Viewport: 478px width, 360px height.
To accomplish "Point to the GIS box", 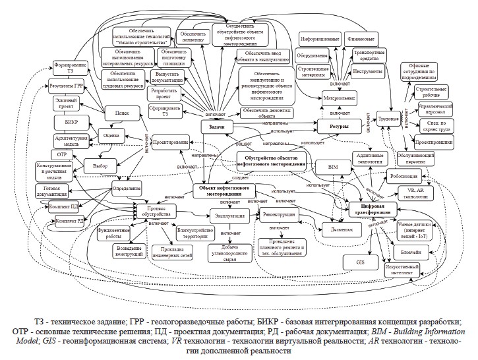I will pos(361,262).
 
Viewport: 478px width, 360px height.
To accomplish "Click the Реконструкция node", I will pos(280,215).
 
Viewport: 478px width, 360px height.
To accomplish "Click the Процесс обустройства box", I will pos(156,212).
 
